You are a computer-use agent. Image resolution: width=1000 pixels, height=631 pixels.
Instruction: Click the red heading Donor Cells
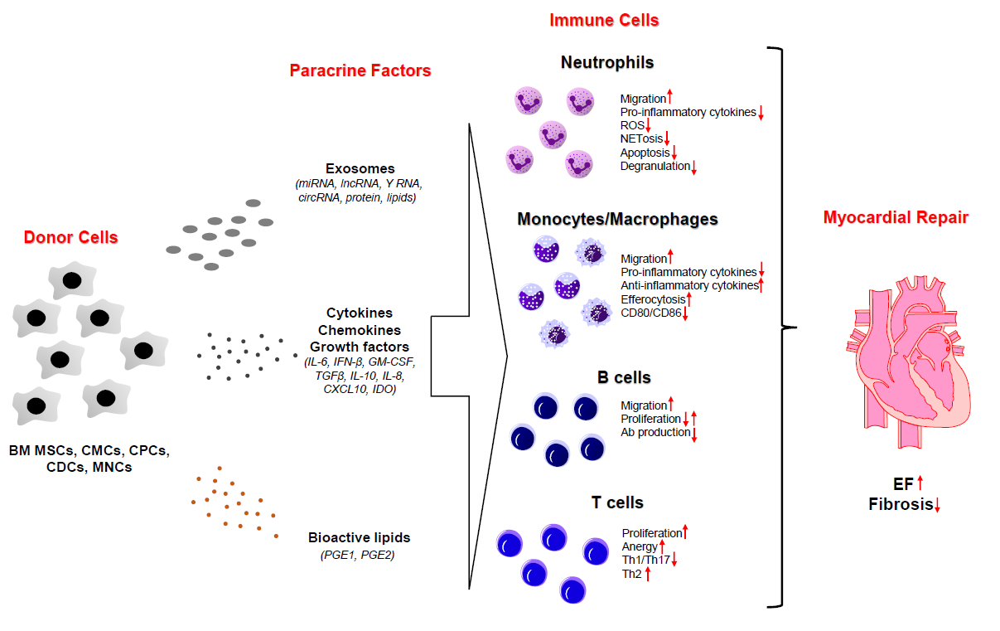pyautogui.click(x=70, y=238)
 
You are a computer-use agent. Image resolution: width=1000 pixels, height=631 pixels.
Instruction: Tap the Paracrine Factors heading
pyautogui.click(x=360, y=70)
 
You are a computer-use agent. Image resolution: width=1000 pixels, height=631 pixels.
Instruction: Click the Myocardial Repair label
pyautogui.click(x=896, y=218)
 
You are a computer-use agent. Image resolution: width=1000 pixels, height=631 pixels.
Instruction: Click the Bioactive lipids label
pyautogui.click(x=359, y=537)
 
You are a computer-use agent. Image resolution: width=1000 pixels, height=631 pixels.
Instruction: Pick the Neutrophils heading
pyautogui.click(x=607, y=62)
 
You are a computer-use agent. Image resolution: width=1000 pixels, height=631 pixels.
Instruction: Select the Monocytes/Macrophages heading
pyautogui.click(x=617, y=220)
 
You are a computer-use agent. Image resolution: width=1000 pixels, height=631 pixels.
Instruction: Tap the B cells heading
pyautogui.click(x=624, y=377)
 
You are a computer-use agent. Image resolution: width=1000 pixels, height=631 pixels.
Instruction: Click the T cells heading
pyautogui.click(x=617, y=502)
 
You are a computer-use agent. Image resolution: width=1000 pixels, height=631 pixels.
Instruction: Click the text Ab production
pyautogui.click(x=655, y=432)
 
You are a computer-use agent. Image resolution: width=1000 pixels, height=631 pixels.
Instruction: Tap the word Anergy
pyautogui.click(x=639, y=546)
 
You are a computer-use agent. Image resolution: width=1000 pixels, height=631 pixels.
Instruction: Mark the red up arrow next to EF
pyautogui.click(x=920, y=483)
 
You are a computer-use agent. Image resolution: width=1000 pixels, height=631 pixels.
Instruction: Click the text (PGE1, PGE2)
pyautogui.click(x=357, y=555)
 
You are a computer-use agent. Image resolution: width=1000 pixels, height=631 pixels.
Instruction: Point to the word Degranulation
pyautogui.click(x=655, y=167)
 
